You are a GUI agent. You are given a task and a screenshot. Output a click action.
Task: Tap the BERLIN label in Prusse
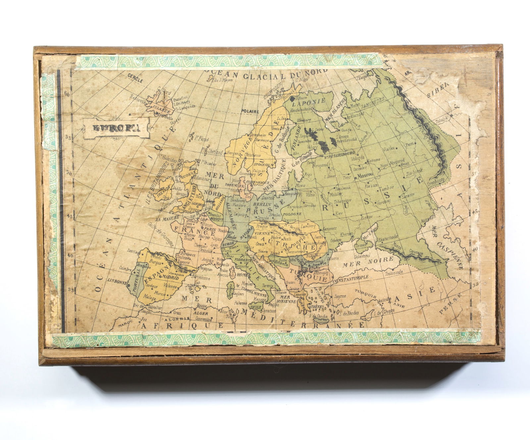pos(264,204)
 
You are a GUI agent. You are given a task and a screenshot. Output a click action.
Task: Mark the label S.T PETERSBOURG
pos(339,154)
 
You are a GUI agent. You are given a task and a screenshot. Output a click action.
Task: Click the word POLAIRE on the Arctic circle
pos(250,111)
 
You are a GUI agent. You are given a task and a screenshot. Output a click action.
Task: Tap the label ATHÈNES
pos(317,307)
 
